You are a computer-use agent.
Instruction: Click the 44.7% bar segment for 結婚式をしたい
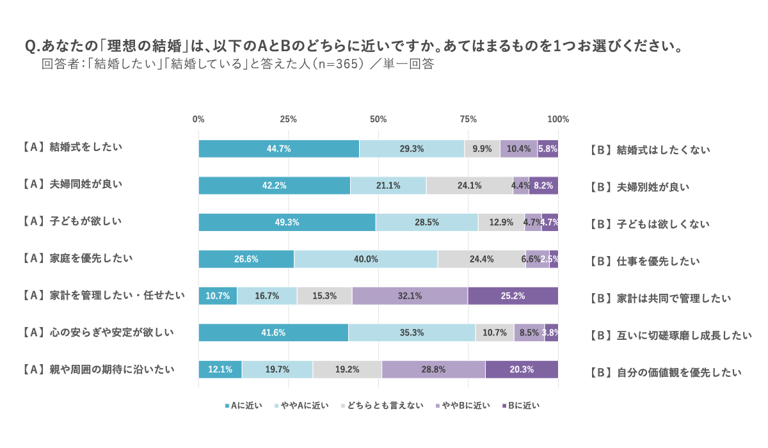pos(279,148)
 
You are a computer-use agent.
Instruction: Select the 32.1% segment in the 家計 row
pos(410,296)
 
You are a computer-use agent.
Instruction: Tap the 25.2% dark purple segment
pos(513,296)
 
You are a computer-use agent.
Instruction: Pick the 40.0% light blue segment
pos(365,259)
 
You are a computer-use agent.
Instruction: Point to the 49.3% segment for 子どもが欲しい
pos(287,222)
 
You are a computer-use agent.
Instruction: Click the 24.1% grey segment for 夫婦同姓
pos(470,186)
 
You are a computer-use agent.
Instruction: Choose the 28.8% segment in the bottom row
pos(433,369)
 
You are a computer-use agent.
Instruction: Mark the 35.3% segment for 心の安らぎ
pos(412,333)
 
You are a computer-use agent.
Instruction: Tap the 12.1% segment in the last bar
pos(220,369)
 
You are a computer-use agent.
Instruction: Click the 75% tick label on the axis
pos(468,119)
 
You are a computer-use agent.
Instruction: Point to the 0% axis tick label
pos(198,119)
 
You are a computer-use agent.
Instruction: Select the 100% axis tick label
pos(558,119)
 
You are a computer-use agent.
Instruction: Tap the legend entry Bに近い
pos(521,405)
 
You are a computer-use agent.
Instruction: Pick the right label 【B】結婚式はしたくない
pos(650,150)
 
